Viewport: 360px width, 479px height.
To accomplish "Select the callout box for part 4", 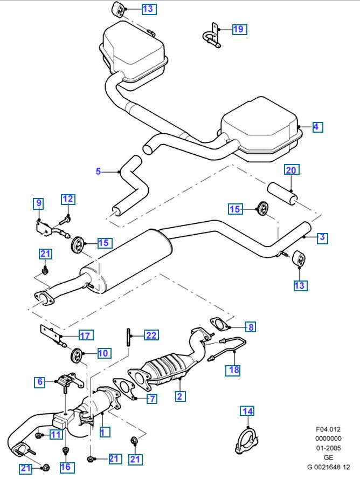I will (316, 127).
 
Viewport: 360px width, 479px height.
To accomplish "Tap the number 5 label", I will (98, 172).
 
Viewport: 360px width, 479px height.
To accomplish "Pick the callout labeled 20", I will (291, 170).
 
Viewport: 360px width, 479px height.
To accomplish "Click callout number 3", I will (322, 237).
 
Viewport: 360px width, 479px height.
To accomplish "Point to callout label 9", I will (38, 203).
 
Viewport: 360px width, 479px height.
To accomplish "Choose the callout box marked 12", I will (67, 199).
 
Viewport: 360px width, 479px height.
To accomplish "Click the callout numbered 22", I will (151, 335).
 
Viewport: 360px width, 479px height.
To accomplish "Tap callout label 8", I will (250, 326).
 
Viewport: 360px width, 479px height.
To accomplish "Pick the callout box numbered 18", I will (233, 370).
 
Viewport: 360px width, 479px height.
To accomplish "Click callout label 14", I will (247, 412).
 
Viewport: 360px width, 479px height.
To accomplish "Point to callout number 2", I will (180, 396).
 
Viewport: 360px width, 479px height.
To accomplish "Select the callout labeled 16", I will (65, 466).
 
